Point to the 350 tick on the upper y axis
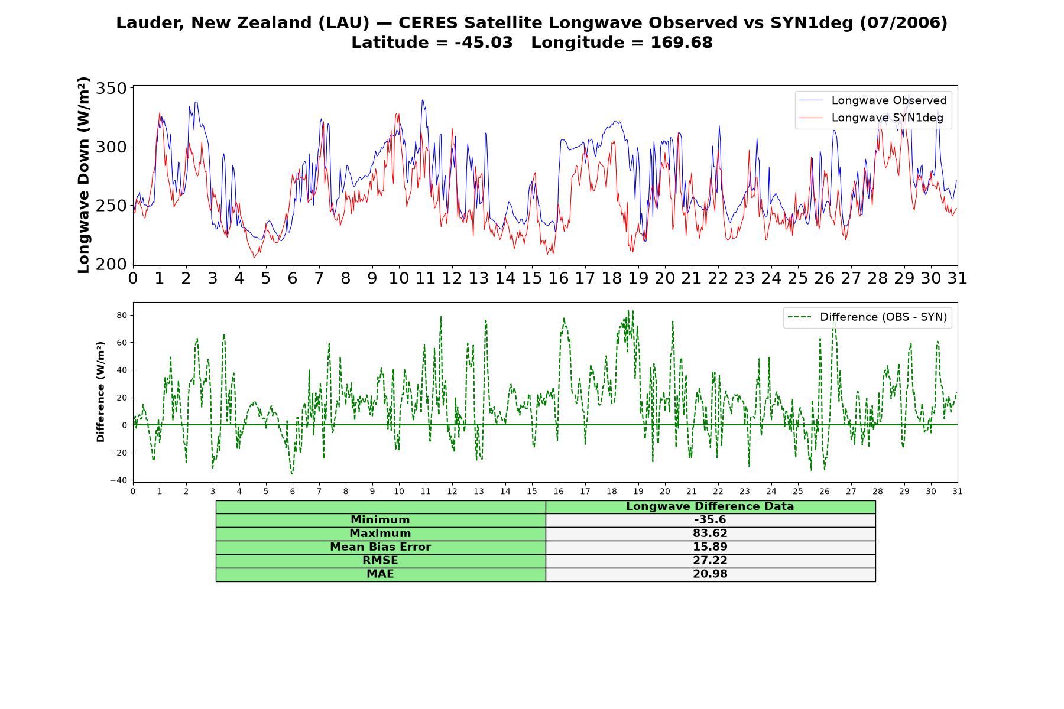coord(111,89)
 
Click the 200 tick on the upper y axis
coord(111,264)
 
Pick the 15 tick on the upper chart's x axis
coord(531,278)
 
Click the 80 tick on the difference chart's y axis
coord(122,315)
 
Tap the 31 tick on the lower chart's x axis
coord(957,491)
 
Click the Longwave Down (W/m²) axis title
coord(84,175)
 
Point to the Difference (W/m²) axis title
coord(100,392)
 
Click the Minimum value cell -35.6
coord(710,520)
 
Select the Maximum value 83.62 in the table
coord(710,534)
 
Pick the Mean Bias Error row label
coord(380,547)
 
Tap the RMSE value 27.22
coord(710,561)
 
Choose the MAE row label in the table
coord(380,574)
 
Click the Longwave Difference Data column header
coord(710,506)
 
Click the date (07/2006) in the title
coord(903,23)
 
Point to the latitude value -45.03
coord(484,43)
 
